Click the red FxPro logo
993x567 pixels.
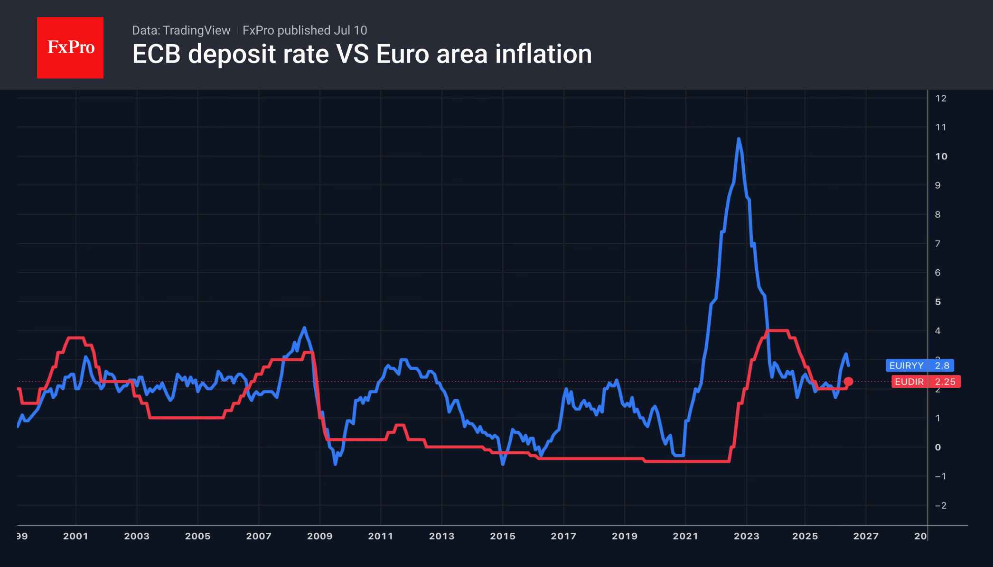coord(70,47)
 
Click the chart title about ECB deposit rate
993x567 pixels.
coord(362,54)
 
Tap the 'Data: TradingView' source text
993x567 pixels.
coord(181,30)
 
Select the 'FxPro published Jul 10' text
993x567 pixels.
coord(305,30)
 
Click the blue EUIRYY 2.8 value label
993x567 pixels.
coord(919,366)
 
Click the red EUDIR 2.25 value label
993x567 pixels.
coord(926,382)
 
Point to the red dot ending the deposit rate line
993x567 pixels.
coord(848,382)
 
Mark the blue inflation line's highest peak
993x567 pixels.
coord(739,139)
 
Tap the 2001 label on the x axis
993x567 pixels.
coord(75,536)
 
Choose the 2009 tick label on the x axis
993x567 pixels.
coord(319,536)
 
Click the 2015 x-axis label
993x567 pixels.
coord(503,536)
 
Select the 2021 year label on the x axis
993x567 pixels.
coord(685,536)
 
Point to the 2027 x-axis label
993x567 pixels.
coord(866,536)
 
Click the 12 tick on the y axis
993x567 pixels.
coord(941,98)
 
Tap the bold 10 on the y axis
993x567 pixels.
coord(941,156)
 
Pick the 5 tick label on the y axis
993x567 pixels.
coord(938,302)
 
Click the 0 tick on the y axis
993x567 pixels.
coord(938,447)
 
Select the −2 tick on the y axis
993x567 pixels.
coord(940,505)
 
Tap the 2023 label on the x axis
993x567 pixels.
coord(747,536)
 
